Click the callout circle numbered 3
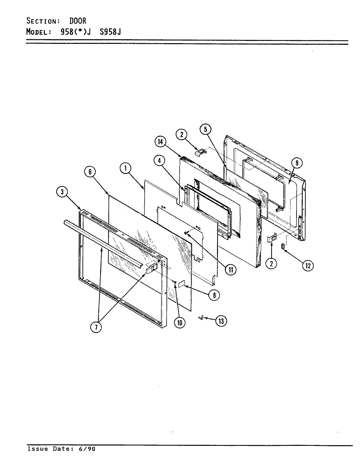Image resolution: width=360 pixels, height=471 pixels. click(x=62, y=192)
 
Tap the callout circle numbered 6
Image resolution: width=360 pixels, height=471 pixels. click(x=90, y=172)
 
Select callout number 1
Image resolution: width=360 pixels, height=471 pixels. click(x=126, y=168)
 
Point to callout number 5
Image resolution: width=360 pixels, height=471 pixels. click(x=206, y=130)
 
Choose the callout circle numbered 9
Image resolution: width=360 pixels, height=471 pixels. click(x=297, y=163)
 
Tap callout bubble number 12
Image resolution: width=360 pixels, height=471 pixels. click(x=308, y=266)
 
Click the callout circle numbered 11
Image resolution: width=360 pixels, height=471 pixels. click(x=231, y=270)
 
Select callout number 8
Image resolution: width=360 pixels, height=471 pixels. click(x=214, y=295)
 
